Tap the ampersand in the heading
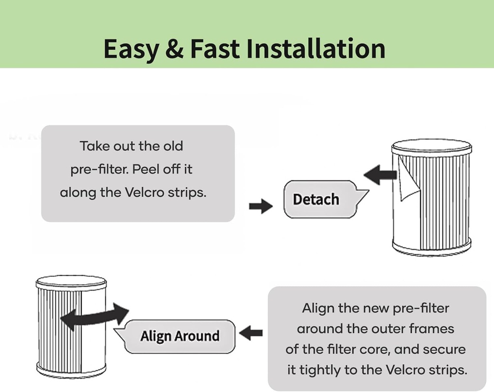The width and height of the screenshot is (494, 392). tap(174, 49)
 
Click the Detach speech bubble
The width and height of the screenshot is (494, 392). tap(316, 199)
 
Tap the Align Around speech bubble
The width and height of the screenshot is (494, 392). tap(179, 336)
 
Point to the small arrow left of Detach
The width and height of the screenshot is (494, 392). tap(261, 206)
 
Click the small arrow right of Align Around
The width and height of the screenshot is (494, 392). tap(251, 333)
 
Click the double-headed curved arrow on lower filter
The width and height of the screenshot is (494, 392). tap(95, 317)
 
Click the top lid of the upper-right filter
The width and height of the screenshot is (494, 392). tap(431, 146)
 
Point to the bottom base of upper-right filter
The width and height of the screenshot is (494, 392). tap(431, 248)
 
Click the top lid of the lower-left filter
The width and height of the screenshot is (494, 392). tap(71, 281)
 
